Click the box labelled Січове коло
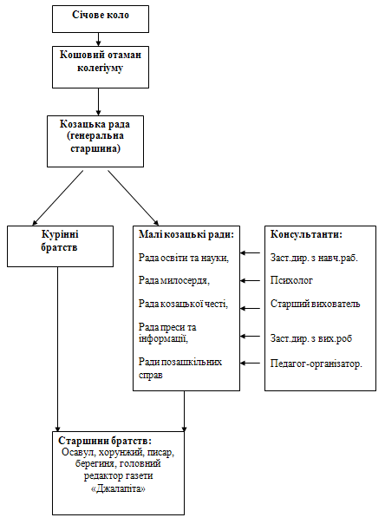point(101,19)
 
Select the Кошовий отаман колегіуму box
point(101,67)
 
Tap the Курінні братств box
point(60,246)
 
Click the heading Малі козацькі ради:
point(186,234)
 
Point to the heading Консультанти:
point(306,234)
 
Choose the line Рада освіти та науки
point(184,258)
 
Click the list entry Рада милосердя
point(174,280)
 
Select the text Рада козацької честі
point(183,304)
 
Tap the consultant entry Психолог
point(291,280)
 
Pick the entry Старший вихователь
point(316,304)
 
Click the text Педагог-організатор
point(316,364)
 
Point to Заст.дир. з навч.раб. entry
point(314,258)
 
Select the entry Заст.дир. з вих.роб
point(311,338)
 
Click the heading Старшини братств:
point(105,441)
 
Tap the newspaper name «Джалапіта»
point(118,489)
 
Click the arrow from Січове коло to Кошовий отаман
point(98,39)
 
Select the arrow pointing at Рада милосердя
point(250,281)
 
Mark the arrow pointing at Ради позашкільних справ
point(250,363)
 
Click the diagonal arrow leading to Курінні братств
point(58,198)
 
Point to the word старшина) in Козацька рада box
point(95,148)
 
